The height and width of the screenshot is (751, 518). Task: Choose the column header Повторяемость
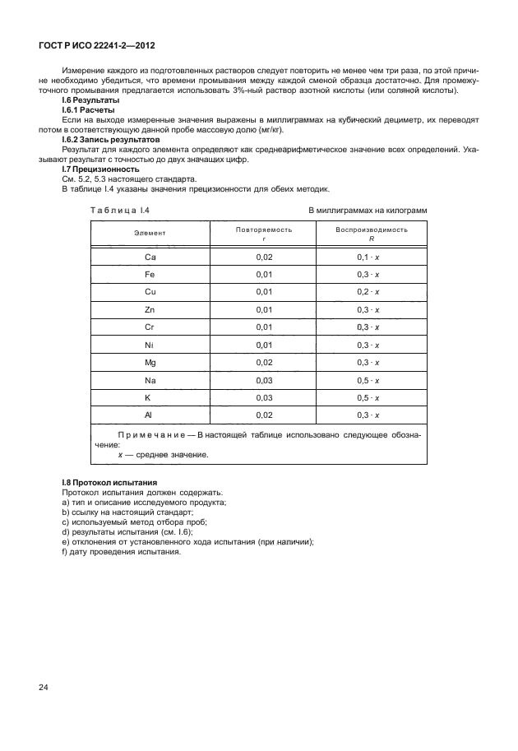(264, 229)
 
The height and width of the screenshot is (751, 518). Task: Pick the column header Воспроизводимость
(372, 229)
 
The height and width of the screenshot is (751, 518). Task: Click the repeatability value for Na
(264, 379)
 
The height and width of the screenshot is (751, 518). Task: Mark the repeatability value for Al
(264, 415)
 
